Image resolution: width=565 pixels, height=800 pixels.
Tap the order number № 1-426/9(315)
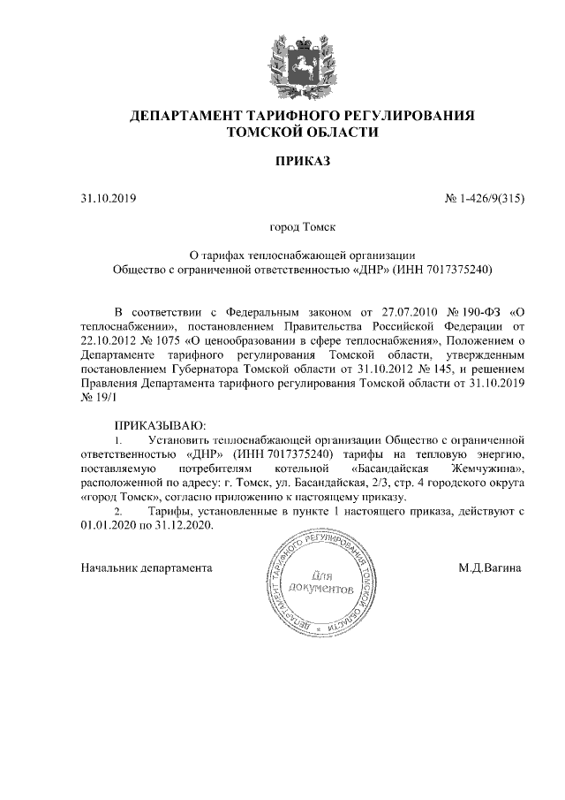point(485,198)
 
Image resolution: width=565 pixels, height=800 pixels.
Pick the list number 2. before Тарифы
point(121,511)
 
